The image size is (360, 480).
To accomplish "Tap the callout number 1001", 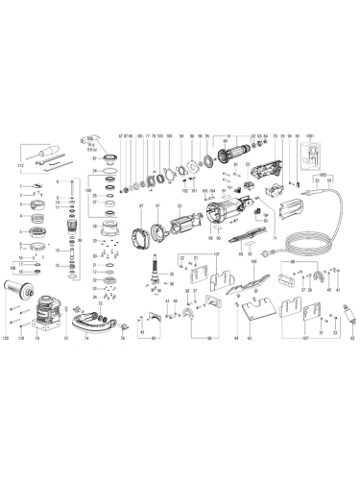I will point(311,133).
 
